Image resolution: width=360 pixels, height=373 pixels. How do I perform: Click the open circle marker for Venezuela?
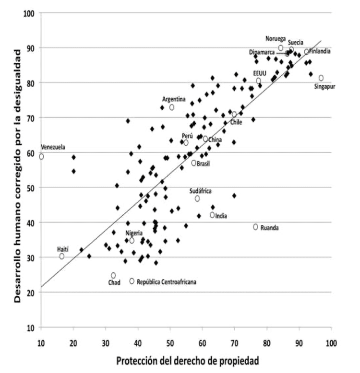point(41,156)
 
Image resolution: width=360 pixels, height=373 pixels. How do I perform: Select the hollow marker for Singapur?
point(321,78)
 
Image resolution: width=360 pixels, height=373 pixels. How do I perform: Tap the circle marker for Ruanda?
point(256,227)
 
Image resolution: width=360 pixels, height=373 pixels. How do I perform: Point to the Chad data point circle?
point(113,275)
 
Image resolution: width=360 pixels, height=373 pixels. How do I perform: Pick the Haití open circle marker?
point(62,256)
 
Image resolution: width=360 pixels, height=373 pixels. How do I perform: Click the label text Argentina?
point(174,99)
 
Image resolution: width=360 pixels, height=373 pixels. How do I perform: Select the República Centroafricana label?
point(167,282)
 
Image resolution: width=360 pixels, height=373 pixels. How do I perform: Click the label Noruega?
point(276,38)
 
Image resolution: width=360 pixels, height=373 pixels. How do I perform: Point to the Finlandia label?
point(320,51)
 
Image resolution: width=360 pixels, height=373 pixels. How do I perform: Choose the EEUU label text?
point(260,73)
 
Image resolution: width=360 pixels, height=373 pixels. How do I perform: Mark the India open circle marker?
point(212,215)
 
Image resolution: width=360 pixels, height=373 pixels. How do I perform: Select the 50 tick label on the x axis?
point(170,343)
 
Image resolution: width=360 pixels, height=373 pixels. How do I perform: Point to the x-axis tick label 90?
point(300,343)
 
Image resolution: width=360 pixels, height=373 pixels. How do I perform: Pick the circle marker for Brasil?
point(194,163)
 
